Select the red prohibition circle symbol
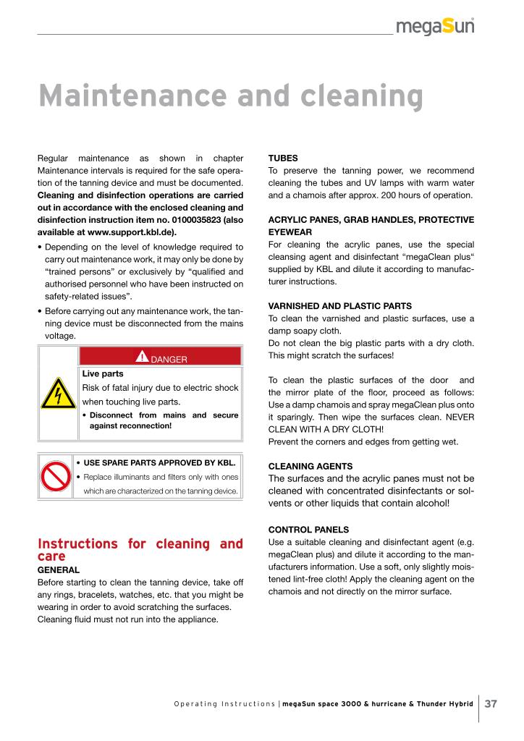(x=54, y=476)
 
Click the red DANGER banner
(x=160, y=356)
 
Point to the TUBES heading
(x=283, y=157)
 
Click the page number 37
(x=491, y=703)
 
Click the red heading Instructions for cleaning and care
(x=140, y=550)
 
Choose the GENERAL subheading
(x=59, y=570)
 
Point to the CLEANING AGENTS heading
(x=310, y=467)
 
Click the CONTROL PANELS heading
(x=308, y=529)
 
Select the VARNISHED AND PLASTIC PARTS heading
(x=339, y=306)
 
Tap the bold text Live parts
(x=103, y=374)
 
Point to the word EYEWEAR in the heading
(x=292, y=232)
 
